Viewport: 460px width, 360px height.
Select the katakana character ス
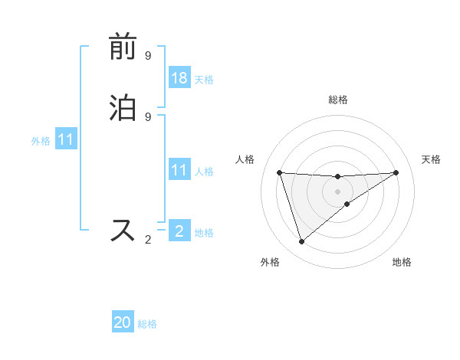(x=123, y=230)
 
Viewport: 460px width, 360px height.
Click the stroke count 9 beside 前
(x=148, y=56)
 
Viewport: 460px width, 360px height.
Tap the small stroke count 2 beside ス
(x=148, y=240)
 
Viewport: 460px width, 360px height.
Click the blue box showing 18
(x=179, y=77)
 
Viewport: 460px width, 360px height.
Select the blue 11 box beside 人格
(x=179, y=171)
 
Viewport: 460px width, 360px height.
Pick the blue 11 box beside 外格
(x=66, y=140)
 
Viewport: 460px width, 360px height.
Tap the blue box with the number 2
(x=179, y=231)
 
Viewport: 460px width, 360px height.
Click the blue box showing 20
(x=123, y=322)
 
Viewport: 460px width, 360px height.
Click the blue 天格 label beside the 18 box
(x=204, y=79)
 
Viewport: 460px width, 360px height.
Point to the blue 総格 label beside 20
(x=147, y=324)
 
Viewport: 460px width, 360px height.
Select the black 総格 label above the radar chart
(x=338, y=100)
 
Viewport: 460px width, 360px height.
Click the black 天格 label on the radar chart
(x=431, y=159)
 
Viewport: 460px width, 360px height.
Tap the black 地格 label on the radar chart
(x=402, y=262)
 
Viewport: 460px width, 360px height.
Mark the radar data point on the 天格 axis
(x=396, y=172)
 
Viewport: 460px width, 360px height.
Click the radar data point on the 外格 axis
(x=301, y=242)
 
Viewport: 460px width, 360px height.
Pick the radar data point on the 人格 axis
(x=280, y=172)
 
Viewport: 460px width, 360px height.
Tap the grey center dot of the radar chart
(x=337, y=191)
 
